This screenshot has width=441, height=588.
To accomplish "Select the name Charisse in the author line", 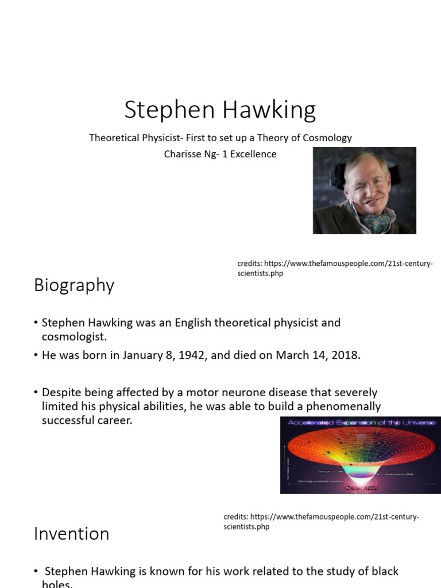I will click(x=183, y=154).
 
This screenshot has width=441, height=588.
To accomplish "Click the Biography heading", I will click(x=74, y=285).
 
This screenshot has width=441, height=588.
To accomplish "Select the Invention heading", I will click(x=71, y=533).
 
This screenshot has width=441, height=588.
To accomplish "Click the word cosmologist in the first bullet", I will click(x=74, y=336).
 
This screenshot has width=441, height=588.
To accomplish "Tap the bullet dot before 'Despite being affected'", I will click(x=36, y=393).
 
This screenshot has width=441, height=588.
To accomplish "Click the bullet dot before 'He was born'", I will click(x=36, y=355).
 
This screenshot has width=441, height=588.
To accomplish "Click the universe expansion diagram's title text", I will click(x=361, y=422).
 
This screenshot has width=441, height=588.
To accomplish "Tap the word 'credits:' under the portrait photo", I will click(x=250, y=264).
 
